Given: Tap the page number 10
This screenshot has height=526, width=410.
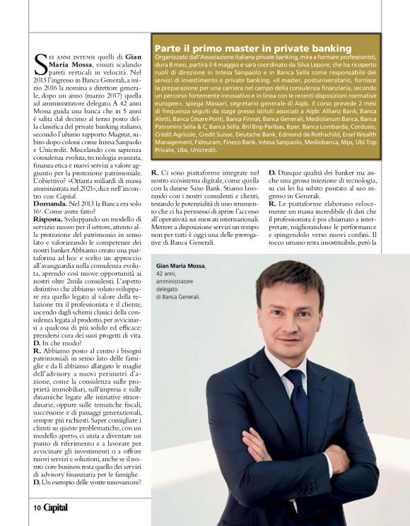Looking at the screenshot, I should pyautogui.click(x=35, y=508).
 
